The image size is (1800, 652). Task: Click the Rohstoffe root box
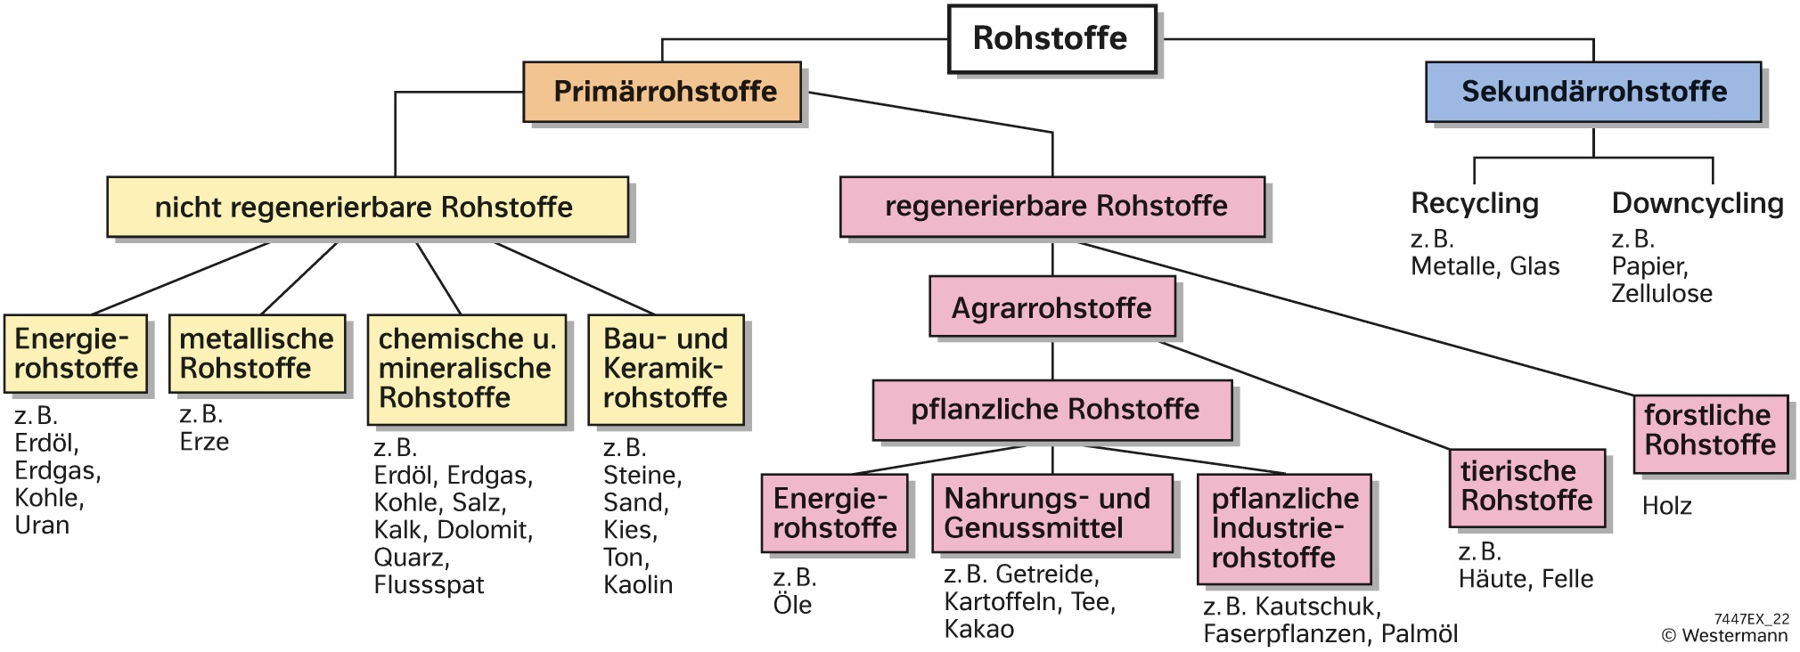point(1051,39)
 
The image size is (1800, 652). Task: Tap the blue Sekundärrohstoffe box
point(1592,92)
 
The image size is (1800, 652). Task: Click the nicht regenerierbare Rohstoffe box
point(366,208)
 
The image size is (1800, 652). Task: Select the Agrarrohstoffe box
point(1051,307)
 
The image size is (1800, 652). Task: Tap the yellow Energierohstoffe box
point(76,354)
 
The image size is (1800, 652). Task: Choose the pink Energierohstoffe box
point(834,513)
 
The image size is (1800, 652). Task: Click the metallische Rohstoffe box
point(257,354)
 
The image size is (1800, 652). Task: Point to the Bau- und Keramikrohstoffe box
point(665,369)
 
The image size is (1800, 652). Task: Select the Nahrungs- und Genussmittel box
point(1051,513)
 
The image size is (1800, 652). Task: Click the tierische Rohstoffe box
point(1526,487)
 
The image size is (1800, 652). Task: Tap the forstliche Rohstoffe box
point(1710,432)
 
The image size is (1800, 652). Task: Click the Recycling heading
point(1475,203)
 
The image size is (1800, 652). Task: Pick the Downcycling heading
point(1698,203)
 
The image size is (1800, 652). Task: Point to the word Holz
point(1666,506)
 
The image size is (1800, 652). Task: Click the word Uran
point(42,526)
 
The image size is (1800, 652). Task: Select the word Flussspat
point(429,585)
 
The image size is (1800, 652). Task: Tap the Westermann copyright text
point(1724,635)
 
